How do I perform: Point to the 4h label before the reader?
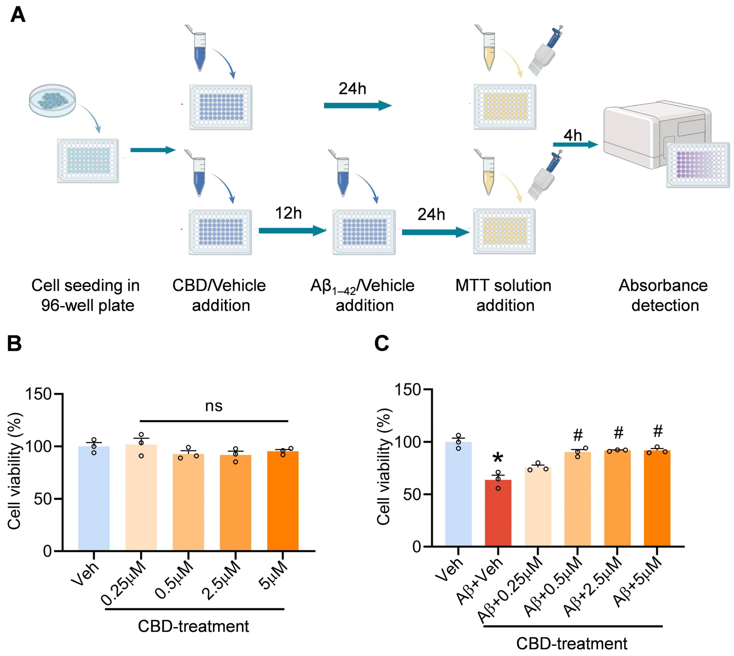573,135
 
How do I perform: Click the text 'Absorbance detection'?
663,296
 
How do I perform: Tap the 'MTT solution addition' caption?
504,296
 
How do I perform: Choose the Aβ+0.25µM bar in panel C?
538,506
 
